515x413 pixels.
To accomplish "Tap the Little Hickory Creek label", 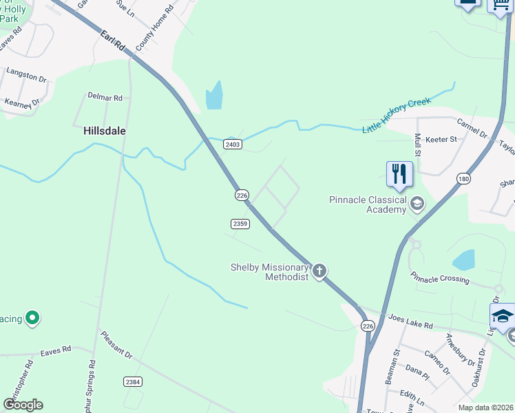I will [397, 114].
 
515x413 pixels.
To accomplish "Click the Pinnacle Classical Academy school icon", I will [417, 204].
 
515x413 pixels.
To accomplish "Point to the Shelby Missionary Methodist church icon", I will [319, 271].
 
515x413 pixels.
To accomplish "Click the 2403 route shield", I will [232, 144].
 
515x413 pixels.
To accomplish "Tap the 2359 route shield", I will [240, 224].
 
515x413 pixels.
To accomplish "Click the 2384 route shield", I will [133, 381].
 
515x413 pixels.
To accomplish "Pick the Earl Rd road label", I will [111, 43].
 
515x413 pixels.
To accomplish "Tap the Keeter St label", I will [443, 140].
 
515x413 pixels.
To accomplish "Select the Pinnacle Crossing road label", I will [440, 279].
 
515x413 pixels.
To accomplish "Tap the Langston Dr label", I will [26, 75].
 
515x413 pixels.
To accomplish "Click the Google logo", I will [23, 405].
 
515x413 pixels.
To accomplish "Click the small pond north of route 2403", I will [214, 96].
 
